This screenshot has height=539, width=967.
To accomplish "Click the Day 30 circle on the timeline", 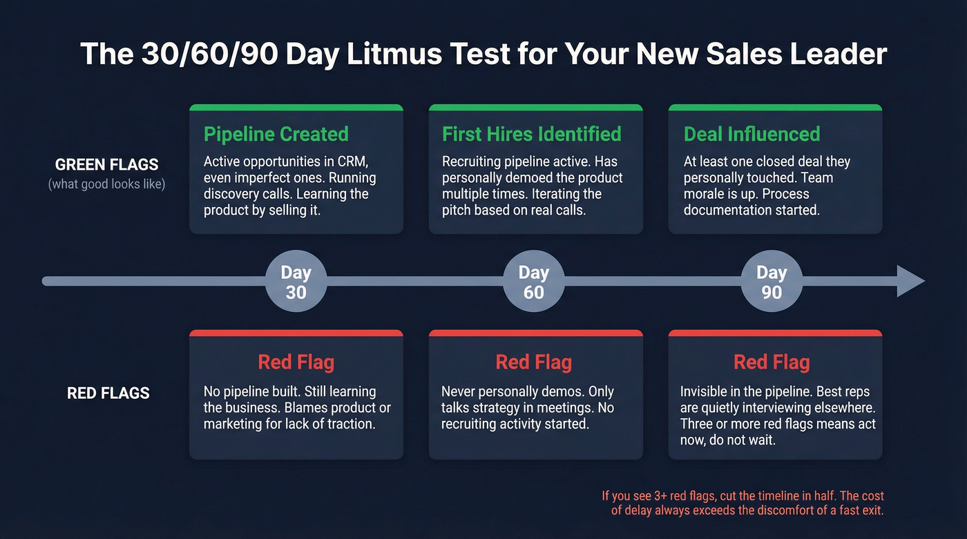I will pyautogui.click(x=296, y=282).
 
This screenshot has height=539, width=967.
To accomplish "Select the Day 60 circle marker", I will pyautogui.click(x=533, y=282).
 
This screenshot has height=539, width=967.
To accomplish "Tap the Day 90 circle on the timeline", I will pyautogui.click(x=771, y=282).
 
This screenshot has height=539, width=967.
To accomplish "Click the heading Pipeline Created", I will pyautogui.click(x=276, y=134).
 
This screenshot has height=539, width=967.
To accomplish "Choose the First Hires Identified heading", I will pyautogui.click(x=532, y=134).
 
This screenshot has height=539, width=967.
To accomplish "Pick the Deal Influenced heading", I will pyautogui.click(x=751, y=134).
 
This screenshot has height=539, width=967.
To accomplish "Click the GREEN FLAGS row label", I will pyautogui.click(x=107, y=165).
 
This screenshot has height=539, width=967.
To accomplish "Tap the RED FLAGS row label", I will pyautogui.click(x=108, y=393).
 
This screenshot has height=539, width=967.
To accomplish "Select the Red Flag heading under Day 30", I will pyautogui.click(x=296, y=362).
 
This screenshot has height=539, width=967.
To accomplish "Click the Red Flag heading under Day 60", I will pyautogui.click(x=534, y=362).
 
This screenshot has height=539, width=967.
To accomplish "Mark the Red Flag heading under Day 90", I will pyautogui.click(x=772, y=362).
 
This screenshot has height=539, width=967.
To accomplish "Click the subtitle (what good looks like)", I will pyautogui.click(x=107, y=185).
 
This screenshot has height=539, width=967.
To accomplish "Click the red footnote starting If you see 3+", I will pyautogui.click(x=743, y=503).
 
